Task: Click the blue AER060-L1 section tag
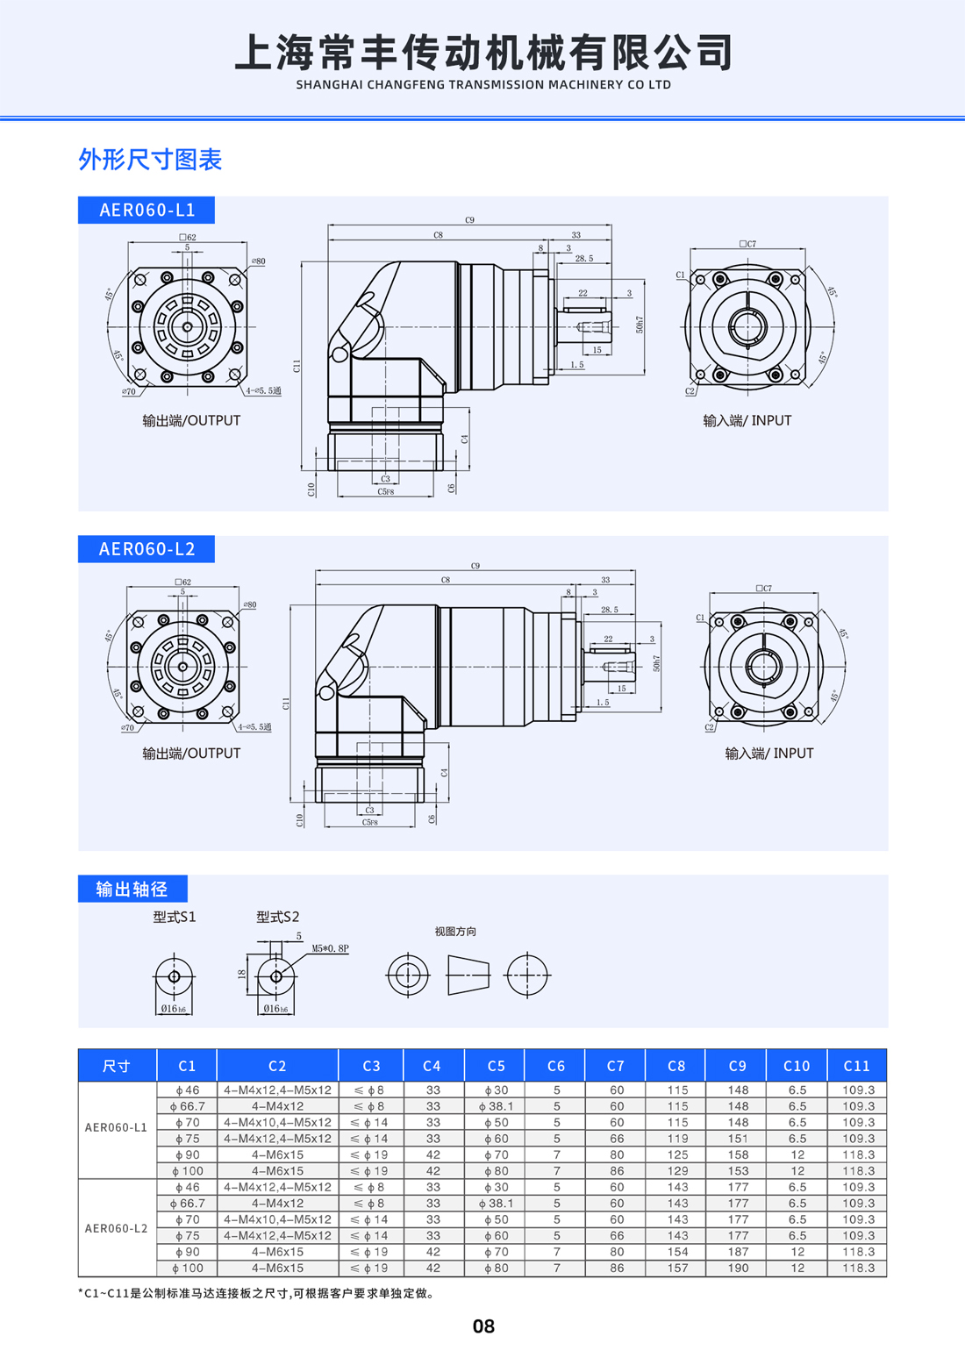(147, 211)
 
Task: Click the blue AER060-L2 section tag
(147, 549)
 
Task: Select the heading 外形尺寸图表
(150, 160)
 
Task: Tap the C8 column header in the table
(676, 1066)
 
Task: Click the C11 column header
(856, 1066)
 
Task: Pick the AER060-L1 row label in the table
(117, 1127)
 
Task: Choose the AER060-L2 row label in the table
(117, 1228)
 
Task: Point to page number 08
(483, 1326)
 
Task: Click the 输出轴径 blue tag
(132, 889)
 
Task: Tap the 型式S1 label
(175, 917)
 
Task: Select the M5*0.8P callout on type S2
(330, 949)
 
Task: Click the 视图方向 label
(455, 932)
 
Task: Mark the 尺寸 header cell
(117, 1066)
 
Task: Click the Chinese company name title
(483, 52)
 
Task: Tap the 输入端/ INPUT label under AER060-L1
(747, 420)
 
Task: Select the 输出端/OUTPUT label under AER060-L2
(191, 754)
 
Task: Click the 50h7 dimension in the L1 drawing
(640, 325)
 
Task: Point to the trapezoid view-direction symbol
(468, 975)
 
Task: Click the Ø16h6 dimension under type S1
(174, 1009)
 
